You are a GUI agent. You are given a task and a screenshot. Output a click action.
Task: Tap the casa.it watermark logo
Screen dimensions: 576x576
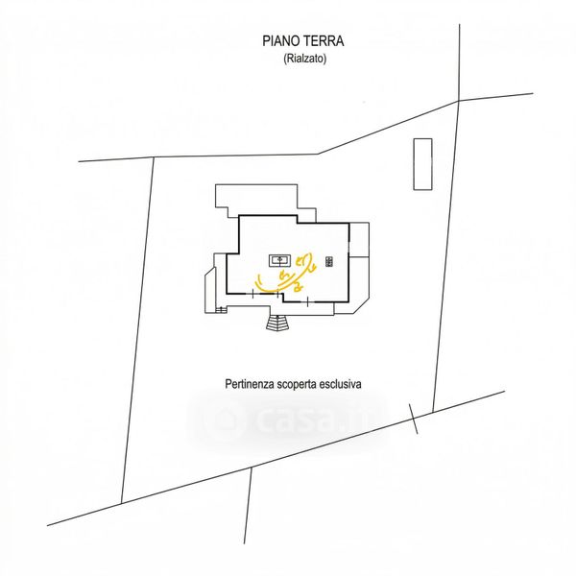point(288,419)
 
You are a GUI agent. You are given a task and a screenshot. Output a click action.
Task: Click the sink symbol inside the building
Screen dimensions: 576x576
point(281,259)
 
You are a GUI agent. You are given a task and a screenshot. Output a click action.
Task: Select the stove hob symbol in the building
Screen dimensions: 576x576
point(328,260)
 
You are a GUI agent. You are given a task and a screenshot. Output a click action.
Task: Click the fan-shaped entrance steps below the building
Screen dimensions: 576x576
point(277,323)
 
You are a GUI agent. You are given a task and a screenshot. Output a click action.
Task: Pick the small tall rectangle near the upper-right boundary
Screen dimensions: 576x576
point(422,164)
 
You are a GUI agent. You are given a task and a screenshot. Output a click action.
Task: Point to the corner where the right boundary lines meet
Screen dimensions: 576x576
point(459,100)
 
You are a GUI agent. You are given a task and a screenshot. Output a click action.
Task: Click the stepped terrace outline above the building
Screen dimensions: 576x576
point(264,202)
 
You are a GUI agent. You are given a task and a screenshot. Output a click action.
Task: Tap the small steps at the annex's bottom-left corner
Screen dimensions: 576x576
point(221,309)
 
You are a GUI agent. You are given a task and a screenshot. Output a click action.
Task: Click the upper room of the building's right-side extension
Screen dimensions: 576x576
point(359,239)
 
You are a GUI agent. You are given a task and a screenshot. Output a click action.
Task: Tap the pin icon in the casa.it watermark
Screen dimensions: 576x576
point(227,419)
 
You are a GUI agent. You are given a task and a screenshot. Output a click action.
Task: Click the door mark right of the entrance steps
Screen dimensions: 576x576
point(307,300)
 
